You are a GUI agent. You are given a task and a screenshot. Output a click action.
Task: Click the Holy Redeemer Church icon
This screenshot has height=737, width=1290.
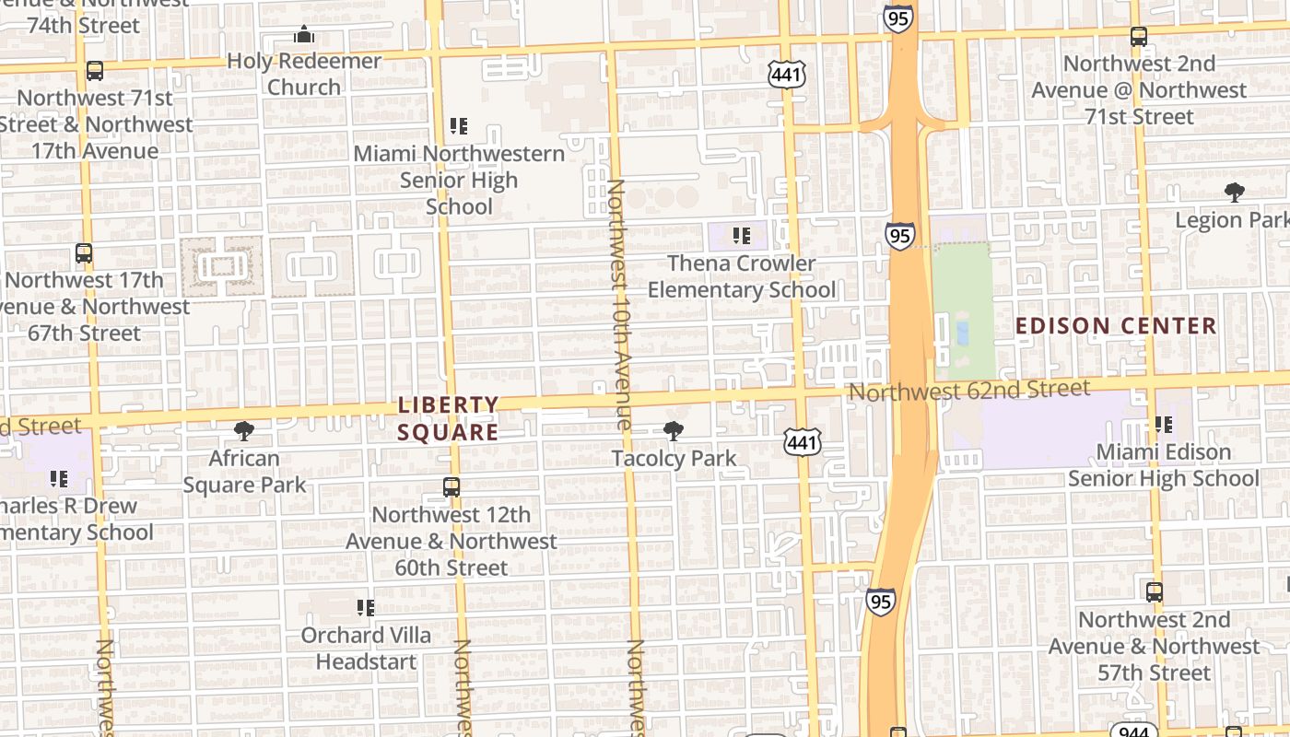point(304,36)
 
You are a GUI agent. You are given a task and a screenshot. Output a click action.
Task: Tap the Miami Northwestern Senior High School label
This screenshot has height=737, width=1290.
point(459,180)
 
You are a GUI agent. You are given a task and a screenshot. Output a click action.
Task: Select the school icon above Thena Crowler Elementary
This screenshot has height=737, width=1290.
point(741,237)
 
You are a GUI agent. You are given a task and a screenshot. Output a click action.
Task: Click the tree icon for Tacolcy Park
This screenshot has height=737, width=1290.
point(674,430)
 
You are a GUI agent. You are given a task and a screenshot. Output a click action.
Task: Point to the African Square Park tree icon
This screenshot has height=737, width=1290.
point(244,430)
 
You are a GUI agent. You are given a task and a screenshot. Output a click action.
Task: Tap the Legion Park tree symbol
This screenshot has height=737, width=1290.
point(1234,193)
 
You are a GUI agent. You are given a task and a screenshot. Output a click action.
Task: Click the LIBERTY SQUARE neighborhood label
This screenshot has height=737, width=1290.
point(449,418)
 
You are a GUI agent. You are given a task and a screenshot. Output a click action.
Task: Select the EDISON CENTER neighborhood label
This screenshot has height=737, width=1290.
point(1116,325)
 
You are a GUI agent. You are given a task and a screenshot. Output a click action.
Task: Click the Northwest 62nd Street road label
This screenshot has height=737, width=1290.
point(968,391)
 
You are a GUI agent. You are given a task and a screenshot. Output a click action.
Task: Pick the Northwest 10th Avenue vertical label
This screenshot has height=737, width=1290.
point(616,304)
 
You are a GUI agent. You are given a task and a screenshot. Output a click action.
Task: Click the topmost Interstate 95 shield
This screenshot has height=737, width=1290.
point(897,18)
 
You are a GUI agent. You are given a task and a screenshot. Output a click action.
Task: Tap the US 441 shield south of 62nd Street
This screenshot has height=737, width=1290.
point(802,443)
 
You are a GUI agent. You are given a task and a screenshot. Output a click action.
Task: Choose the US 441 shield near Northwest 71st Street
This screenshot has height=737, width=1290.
point(787,75)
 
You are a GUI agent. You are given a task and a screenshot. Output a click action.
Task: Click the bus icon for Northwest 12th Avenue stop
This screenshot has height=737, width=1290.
point(451,487)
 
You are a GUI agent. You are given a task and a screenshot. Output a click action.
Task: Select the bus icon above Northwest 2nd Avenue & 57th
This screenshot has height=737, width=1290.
point(1154,591)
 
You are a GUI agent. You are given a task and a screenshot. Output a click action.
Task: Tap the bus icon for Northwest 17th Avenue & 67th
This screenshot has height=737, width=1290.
point(84,252)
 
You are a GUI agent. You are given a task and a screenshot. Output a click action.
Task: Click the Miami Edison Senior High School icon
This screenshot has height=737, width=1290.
point(1164,425)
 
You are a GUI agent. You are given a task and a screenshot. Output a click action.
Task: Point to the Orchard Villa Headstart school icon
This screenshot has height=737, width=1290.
point(366,608)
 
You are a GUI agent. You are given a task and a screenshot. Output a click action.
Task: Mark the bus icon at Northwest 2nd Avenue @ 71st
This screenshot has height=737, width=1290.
point(1139,37)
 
